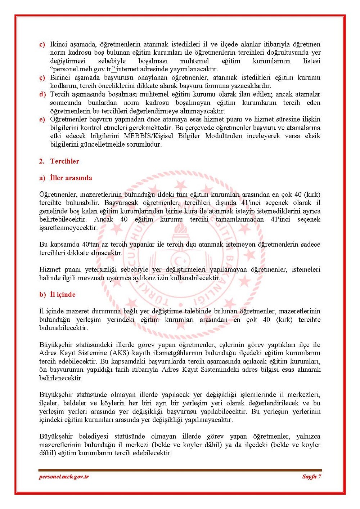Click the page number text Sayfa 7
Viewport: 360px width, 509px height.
point(311,477)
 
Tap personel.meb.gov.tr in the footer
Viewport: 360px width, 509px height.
point(64,477)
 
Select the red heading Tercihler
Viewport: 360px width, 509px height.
point(65,161)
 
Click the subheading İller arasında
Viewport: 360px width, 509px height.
point(71,178)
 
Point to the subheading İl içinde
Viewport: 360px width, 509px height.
point(63,295)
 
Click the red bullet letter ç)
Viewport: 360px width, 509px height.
point(42,78)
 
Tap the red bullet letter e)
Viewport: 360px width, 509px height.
point(42,120)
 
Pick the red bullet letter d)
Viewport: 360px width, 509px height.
point(42,94)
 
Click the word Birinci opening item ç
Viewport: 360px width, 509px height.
point(61,78)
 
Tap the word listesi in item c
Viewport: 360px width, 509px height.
point(311,61)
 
